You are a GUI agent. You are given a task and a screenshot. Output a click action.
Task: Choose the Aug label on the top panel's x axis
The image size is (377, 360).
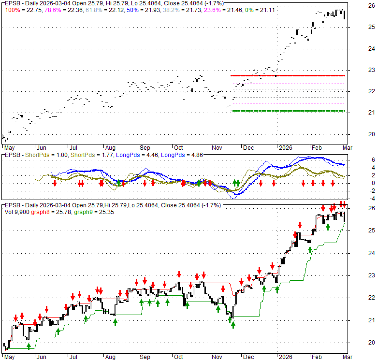pyautogui.click(x=110, y=147)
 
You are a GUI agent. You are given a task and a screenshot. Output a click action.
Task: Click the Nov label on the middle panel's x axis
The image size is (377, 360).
pyautogui.click(x=216, y=147)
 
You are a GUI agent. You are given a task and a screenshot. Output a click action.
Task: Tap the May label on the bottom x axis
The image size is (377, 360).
pyautogui.click(x=9, y=356)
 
